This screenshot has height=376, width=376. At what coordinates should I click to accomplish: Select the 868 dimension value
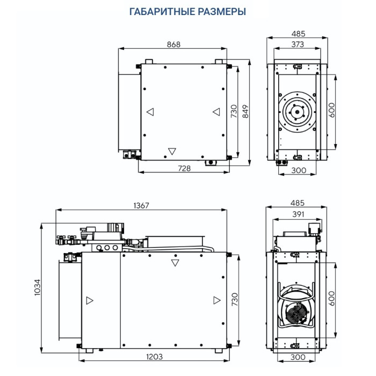tap(173, 44)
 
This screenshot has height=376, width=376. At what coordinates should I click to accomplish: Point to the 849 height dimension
tap(245, 111)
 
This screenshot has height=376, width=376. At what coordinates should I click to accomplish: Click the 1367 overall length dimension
tap(141, 205)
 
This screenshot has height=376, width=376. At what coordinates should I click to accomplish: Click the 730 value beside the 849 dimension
tap(234, 111)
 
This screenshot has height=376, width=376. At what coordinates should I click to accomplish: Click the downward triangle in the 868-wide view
tap(172, 150)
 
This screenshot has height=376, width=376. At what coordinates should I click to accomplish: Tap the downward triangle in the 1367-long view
tap(174, 263)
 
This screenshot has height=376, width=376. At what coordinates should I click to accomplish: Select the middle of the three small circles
tap(106, 248)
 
